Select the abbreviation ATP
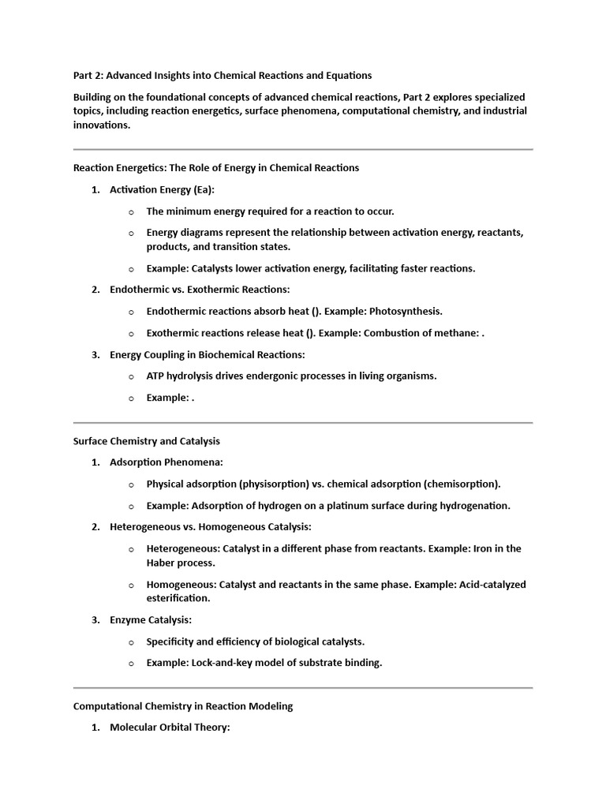[x=156, y=376]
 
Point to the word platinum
[x=348, y=506]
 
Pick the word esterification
[x=178, y=599]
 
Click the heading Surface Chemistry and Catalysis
[x=147, y=441]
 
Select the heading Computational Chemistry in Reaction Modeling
[x=183, y=706]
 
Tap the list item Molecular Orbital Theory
[x=170, y=728]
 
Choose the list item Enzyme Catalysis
[x=151, y=620]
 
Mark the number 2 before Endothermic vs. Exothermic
[x=95, y=290]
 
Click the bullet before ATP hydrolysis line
[x=131, y=376]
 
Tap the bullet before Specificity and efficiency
[x=131, y=642]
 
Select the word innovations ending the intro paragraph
[x=100, y=125]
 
